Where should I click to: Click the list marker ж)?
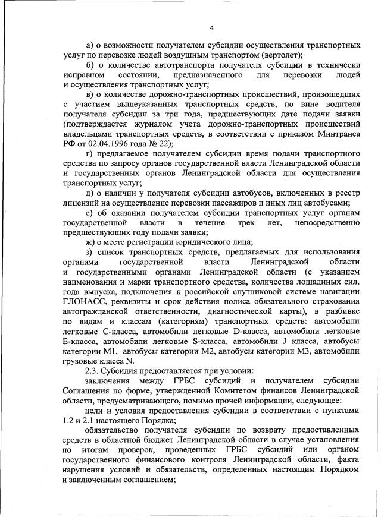click(90, 241)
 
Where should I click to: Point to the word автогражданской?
click(96, 310)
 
